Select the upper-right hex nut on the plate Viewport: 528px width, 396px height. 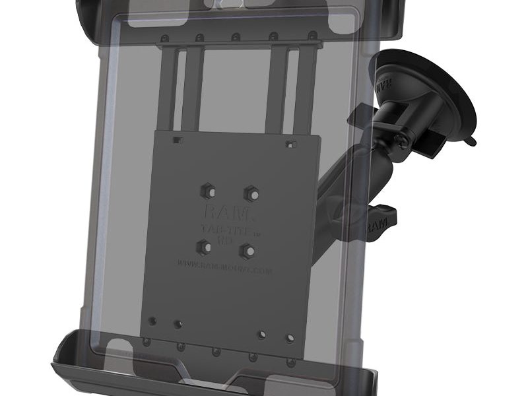250,193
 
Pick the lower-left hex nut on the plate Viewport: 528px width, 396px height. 201,246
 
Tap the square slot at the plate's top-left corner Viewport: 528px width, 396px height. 177,140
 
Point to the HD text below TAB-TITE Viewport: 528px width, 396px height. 222,241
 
